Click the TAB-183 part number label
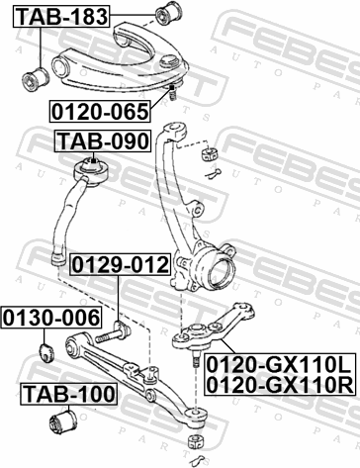click(x=61, y=16)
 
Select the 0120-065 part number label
click(x=100, y=112)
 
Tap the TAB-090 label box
click(x=103, y=141)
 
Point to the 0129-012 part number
click(x=121, y=264)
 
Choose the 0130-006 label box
click(x=51, y=318)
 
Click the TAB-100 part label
click(x=69, y=394)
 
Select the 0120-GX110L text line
click(x=281, y=365)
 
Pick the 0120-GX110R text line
click(x=281, y=385)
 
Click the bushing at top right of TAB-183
click(x=168, y=14)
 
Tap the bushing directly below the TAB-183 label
click(x=36, y=79)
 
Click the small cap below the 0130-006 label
click(x=47, y=352)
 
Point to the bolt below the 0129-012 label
click(x=113, y=332)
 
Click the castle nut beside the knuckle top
click(x=210, y=154)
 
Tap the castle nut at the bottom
click(x=197, y=441)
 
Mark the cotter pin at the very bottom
click(x=198, y=459)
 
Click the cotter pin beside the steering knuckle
click(x=213, y=173)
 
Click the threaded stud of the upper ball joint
click(x=172, y=94)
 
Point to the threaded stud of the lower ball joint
click(x=196, y=359)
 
